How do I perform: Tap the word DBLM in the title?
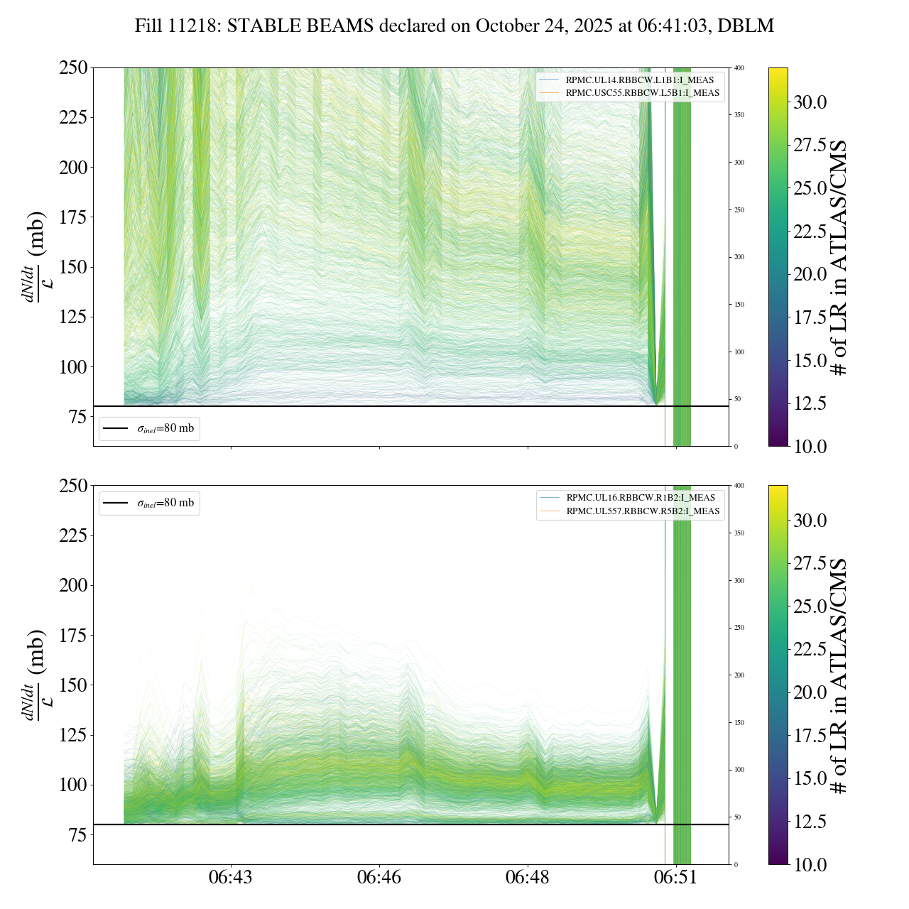(x=746, y=26)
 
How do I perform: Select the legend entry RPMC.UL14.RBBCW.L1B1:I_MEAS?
(x=639, y=80)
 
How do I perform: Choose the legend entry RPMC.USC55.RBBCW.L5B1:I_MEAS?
(x=642, y=93)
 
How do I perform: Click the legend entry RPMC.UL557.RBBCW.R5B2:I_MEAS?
(x=643, y=511)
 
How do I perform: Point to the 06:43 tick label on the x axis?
(x=231, y=878)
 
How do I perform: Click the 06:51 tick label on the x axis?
(x=675, y=878)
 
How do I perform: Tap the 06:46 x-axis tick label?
(x=379, y=878)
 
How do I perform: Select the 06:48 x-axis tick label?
(x=527, y=878)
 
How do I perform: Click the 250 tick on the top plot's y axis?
(x=73, y=68)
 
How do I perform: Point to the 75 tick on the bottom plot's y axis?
(x=78, y=835)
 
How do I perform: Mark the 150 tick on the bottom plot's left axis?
(x=73, y=685)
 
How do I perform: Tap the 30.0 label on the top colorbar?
(x=810, y=102)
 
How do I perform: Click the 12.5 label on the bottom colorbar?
(x=810, y=822)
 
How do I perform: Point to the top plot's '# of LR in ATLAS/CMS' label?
(x=839, y=258)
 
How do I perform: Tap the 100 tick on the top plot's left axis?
(x=73, y=367)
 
